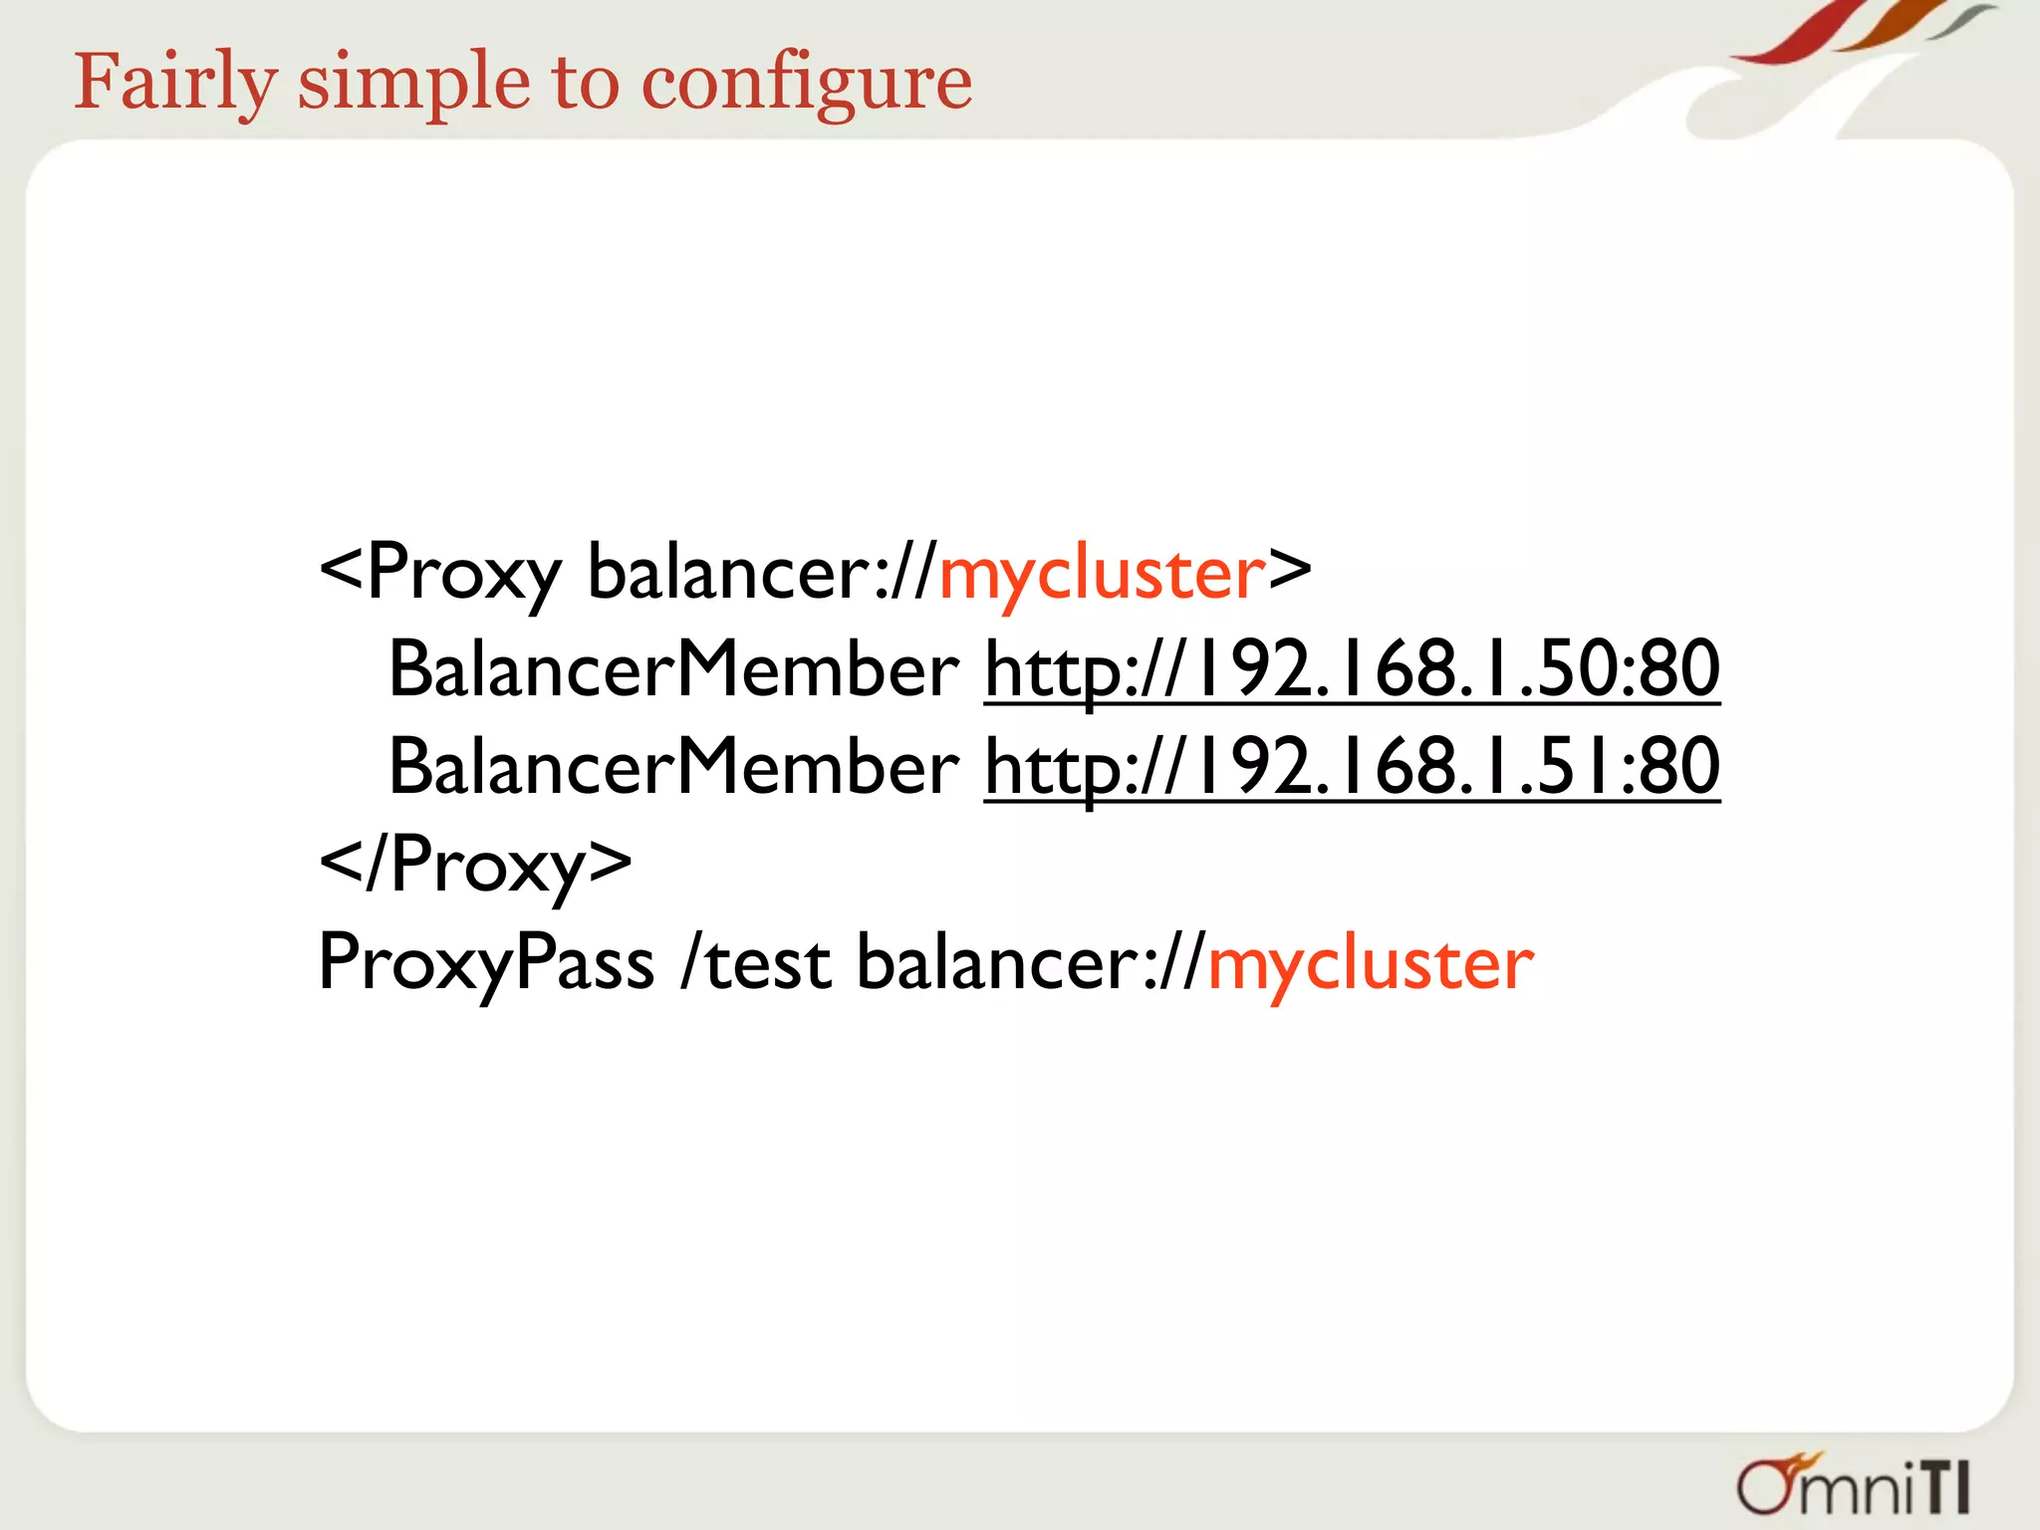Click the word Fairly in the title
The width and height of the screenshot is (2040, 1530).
175,82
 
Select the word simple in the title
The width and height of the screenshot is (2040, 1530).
413,82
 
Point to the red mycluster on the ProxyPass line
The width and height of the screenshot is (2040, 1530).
1371,963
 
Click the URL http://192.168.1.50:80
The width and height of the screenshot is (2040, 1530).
1352,669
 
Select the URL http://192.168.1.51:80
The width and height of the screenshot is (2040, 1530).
1352,767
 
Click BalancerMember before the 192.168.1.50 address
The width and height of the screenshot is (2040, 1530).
673,669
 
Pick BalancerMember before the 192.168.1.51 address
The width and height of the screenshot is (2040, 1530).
673,767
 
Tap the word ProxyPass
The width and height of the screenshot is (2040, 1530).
486,963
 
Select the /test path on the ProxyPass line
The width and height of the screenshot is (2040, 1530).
756,963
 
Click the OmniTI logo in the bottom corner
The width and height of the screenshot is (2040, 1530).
1854,1485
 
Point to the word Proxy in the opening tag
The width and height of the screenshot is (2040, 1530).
464,573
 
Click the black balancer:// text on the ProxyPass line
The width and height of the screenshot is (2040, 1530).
1031,963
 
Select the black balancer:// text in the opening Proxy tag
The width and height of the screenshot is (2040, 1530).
762,573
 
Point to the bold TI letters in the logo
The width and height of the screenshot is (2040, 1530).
1944,1489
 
